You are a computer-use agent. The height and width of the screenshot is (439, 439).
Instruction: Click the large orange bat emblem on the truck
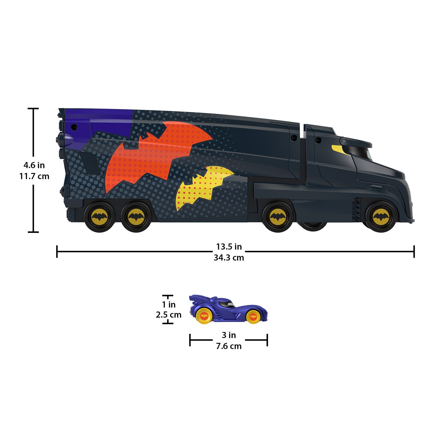point(152,155)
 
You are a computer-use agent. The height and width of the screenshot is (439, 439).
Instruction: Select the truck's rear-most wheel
point(99,217)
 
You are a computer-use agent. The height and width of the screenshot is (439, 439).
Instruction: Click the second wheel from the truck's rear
point(136,217)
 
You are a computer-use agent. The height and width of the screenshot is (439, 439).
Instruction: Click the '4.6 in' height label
point(34,165)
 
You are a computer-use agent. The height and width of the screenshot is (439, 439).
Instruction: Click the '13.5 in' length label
point(229,247)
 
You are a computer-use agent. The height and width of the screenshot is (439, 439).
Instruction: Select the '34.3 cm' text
point(229,258)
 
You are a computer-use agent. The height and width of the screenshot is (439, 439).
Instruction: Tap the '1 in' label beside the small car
point(169,305)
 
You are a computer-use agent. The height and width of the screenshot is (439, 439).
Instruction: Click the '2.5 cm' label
point(169,315)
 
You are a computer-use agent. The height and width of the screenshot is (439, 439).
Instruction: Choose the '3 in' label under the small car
point(229,335)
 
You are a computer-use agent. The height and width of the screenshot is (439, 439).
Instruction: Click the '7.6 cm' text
point(229,346)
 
